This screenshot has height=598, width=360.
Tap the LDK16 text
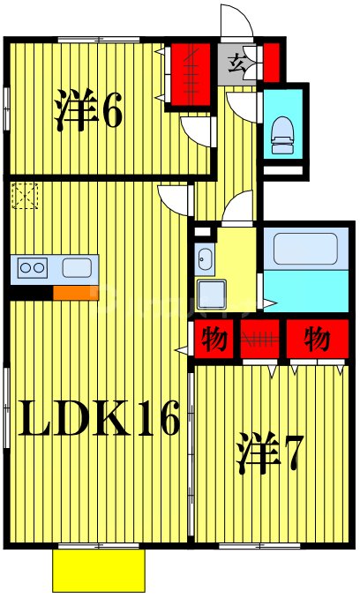(x=100, y=420)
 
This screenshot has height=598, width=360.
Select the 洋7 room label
(x=269, y=454)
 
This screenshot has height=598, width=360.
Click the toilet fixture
(x=283, y=130)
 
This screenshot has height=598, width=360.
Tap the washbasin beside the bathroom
(x=205, y=258)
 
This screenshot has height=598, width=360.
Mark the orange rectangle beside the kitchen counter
(x=75, y=293)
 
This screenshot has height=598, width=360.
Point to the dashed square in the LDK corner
(x=25, y=195)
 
